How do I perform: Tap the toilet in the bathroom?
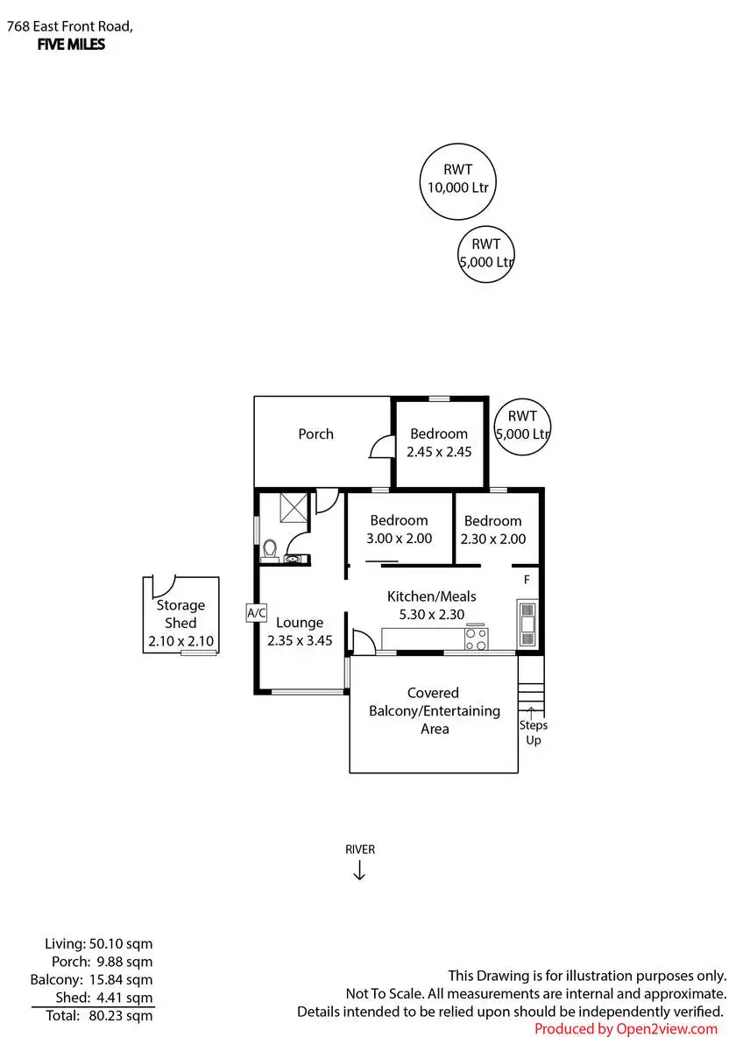tap(269, 551)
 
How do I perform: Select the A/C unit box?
tap(256, 613)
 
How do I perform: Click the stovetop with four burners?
tap(476, 639)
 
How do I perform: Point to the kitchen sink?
tap(527, 624)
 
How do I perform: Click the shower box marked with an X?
tap(294, 507)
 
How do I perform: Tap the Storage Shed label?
tap(180, 614)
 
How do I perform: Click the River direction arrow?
tap(359, 871)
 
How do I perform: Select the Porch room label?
tap(316, 434)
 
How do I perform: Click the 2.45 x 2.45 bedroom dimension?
tap(439, 452)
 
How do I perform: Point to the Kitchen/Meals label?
tap(431, 596)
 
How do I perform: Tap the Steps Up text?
tap(534, 732)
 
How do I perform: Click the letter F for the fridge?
tap(527, 580)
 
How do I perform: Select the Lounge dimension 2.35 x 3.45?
tap(300, 640)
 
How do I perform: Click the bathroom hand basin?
tap(293, 559)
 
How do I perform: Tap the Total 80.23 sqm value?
tap(121, 1016)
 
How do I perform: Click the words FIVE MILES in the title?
tap(71, 45)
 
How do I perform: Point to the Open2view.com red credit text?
tap(626, 1029)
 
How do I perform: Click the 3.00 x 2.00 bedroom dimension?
tap(399, 538)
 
